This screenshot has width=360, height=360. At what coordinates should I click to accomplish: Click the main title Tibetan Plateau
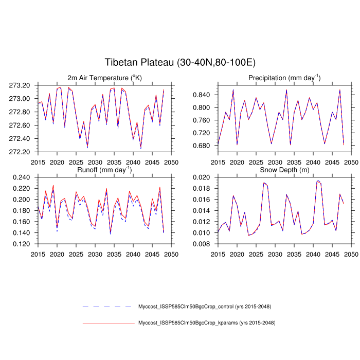click(x=179, y=63)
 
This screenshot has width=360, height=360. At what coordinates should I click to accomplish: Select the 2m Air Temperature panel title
click(x=104, y=78)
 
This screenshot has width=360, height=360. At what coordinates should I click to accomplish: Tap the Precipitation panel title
click(x=284, y=78)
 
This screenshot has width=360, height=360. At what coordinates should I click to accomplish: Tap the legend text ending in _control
click(x=205, y=307)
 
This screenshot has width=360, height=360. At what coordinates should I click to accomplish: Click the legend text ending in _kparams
click(x=207, y=323)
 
